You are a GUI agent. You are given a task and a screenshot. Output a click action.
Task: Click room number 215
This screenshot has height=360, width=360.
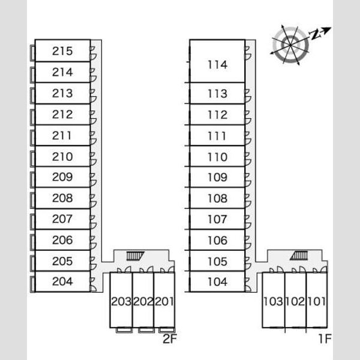click(62, 51)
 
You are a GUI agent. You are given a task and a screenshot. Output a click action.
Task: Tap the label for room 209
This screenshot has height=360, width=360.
click(62, 177)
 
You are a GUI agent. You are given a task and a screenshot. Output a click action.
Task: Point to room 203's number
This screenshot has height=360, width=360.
click(121, 301)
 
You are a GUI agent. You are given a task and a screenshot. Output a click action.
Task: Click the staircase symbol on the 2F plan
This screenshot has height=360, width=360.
click(136, 256)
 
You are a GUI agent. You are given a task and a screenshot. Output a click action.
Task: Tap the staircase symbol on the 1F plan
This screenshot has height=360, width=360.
click(299, 256)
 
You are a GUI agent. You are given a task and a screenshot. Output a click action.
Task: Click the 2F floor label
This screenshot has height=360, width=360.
click(170, 338)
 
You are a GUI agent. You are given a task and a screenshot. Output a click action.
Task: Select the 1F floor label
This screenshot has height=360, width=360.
click(325, 338)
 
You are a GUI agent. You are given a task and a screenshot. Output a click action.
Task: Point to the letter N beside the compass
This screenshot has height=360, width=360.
click(316, 34)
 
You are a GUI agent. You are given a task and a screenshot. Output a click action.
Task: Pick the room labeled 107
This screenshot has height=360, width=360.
click(217, 219)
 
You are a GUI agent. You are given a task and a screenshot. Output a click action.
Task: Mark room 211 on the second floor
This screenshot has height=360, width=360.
click(62, 136)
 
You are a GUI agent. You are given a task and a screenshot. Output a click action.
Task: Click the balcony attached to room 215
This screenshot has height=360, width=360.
click(32, 53)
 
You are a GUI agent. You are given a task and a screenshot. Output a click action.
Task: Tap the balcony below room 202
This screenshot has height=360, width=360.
click(146, 330)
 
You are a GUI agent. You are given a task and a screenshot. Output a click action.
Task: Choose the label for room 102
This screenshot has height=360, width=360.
click(295, 301)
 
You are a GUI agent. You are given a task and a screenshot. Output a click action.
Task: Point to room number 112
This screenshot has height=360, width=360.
click(217, 115)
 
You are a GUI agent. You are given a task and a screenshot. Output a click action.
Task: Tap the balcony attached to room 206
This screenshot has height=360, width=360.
click(32, 242)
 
